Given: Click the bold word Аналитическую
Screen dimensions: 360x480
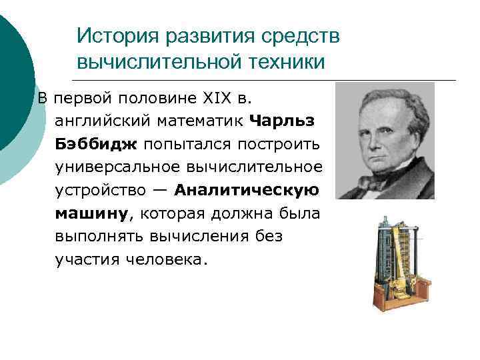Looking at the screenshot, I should click(x=246, y=190).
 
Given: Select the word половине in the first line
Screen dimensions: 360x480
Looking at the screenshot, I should click(x=151, y=99).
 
